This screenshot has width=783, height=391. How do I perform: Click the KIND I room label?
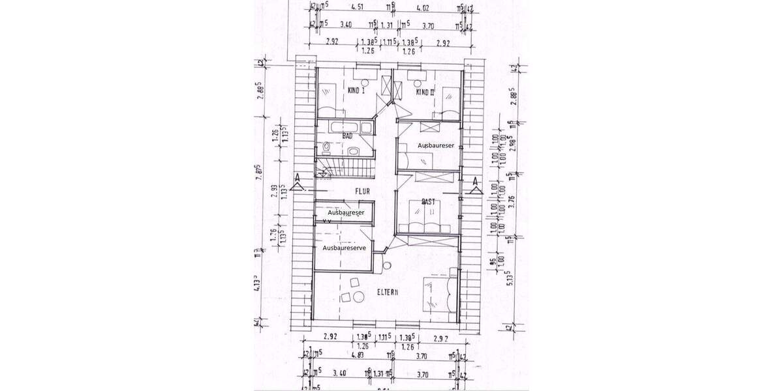coord(356,91)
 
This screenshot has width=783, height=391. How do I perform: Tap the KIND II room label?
coord(425,92)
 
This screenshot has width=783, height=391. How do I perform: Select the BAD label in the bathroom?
coord(348,136)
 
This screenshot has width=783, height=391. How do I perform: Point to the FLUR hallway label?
coord(362,192)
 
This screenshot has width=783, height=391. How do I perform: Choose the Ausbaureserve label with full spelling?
coord(344,248)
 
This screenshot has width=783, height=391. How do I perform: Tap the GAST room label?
coord(429,201)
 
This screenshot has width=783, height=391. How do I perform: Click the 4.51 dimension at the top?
coord(357,8)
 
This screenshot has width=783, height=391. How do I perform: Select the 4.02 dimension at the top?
coord(424,8)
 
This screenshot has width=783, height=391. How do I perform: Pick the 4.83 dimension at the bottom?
coord(357,356)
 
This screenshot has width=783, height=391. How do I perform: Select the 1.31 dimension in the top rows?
coord(387,25)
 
